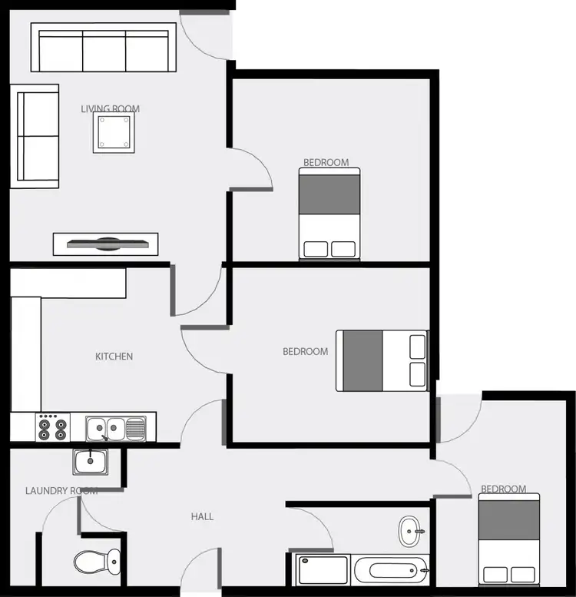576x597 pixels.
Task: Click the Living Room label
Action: click(x=111, y=108)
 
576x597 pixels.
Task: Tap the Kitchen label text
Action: click(x=114, y=357)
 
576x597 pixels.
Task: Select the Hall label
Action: click(x=202, y=517)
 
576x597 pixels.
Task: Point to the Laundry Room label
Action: click(x=61, y=491)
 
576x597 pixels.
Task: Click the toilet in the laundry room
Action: click(x=96, y=562)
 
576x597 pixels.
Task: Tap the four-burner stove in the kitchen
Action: click(x=52, y=428)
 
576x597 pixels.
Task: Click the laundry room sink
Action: click(x=91, y=463)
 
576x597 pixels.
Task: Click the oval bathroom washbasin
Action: click(x=409, y=530)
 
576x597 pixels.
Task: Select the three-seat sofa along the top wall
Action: click(x=104, y=48)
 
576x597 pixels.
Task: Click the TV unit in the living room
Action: click(x=105, y=244)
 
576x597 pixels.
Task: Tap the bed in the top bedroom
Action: click(x=329, y=215)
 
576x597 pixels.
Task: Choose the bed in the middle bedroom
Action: click(x=382, y=360)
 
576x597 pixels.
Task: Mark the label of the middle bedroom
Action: click(x=305, y=352)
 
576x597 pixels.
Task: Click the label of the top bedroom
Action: click(x=326, y=163)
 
